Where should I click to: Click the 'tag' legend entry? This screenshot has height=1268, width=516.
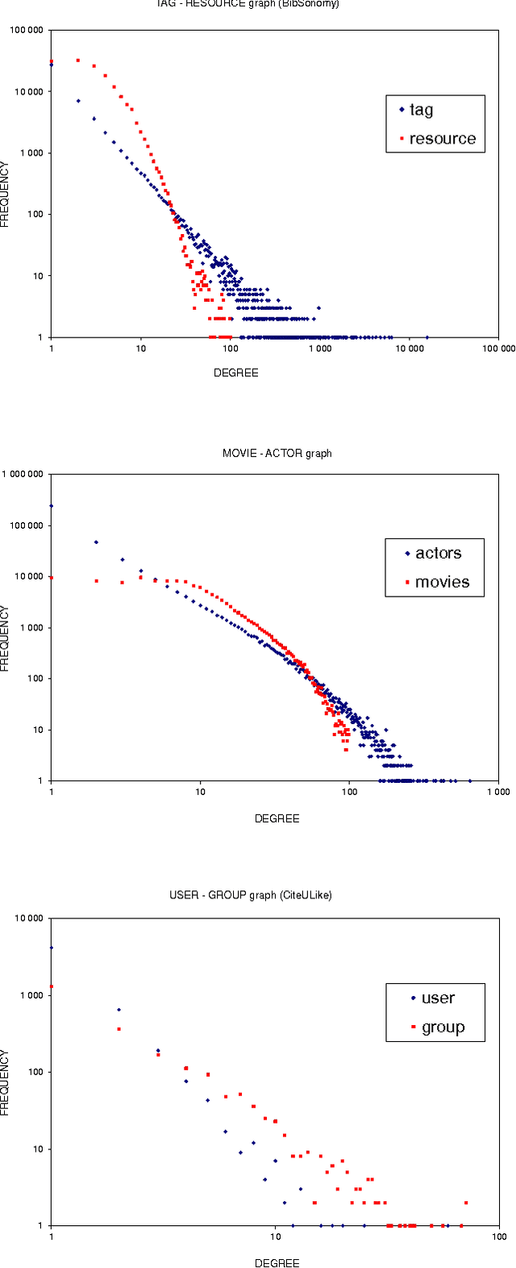pos(421,110)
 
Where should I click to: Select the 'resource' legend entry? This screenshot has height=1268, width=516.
pos(442,139)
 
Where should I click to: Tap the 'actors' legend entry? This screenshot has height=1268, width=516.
pos(438,553)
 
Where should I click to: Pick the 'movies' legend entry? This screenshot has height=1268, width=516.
pos(441,582)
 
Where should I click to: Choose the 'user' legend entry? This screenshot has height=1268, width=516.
pos(438,998)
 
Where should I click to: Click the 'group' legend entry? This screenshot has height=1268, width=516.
pos(443,1027)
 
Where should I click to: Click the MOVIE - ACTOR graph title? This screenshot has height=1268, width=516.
pos(277,454)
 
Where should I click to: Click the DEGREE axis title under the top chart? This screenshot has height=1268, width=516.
pos(235,373)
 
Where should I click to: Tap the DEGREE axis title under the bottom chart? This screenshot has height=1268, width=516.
pos(277,1263)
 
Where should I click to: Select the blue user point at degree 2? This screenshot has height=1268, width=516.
pos(119,1009)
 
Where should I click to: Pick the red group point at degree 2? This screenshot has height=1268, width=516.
pos(119,1029)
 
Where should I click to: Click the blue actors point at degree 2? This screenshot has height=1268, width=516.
pos(96,542)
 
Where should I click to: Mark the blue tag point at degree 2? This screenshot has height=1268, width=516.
pos(78,101)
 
